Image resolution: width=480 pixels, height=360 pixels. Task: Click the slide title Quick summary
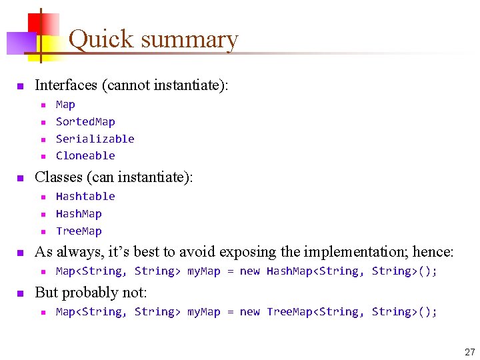153,39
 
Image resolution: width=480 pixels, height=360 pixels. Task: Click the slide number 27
469,351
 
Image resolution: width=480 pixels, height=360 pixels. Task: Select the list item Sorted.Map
85,122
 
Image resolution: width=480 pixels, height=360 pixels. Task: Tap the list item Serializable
95,139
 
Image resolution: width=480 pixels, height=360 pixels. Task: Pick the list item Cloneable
85,156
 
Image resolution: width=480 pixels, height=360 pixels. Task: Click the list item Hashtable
85,197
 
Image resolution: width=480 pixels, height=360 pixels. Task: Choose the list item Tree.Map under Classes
79,231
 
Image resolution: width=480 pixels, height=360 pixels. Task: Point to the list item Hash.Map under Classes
79,214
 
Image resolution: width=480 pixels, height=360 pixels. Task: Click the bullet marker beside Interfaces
20,86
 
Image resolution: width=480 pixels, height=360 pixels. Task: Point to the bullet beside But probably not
20,293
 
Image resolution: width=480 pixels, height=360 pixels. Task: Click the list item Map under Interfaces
65,105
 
